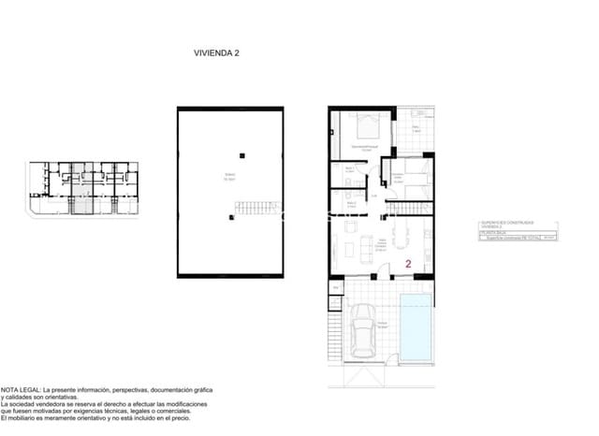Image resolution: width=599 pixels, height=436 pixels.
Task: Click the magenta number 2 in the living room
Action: tap(409, 264)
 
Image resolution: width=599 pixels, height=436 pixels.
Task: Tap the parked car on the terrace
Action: tap(363, 337)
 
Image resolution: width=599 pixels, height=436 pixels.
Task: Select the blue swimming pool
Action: tap(416, 326)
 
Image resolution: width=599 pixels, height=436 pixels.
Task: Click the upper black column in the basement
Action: tap(241, 155)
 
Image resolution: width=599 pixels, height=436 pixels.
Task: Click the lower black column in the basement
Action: tap(231, 217)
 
